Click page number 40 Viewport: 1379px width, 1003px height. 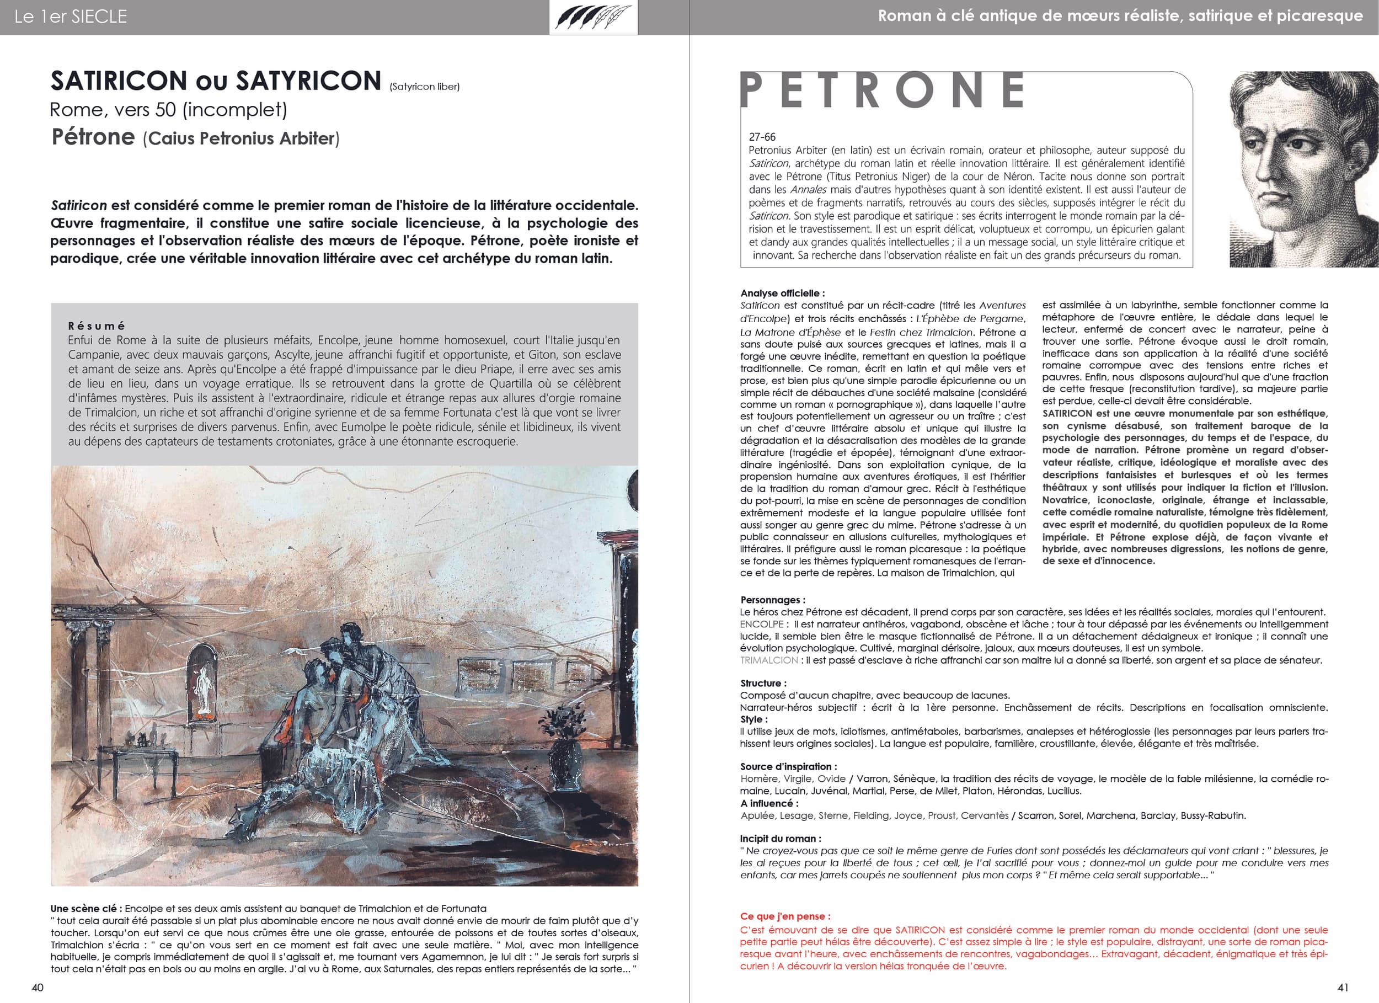(38, 987)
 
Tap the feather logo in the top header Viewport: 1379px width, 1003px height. (594, 17)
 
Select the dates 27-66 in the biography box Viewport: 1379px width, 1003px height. (762, 137)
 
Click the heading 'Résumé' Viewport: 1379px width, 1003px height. (97, 326)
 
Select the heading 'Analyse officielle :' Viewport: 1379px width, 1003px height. (783, 293)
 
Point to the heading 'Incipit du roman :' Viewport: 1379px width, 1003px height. (780, 838)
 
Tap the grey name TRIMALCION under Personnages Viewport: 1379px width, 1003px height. (768, 660)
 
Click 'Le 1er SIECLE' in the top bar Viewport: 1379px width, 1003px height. (71, 17)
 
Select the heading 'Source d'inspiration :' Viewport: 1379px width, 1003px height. (788, 766)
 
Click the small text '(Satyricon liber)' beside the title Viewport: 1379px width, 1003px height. (424, 87)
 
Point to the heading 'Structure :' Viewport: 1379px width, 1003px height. (763, 683)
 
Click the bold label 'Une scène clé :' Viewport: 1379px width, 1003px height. (87, 909)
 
